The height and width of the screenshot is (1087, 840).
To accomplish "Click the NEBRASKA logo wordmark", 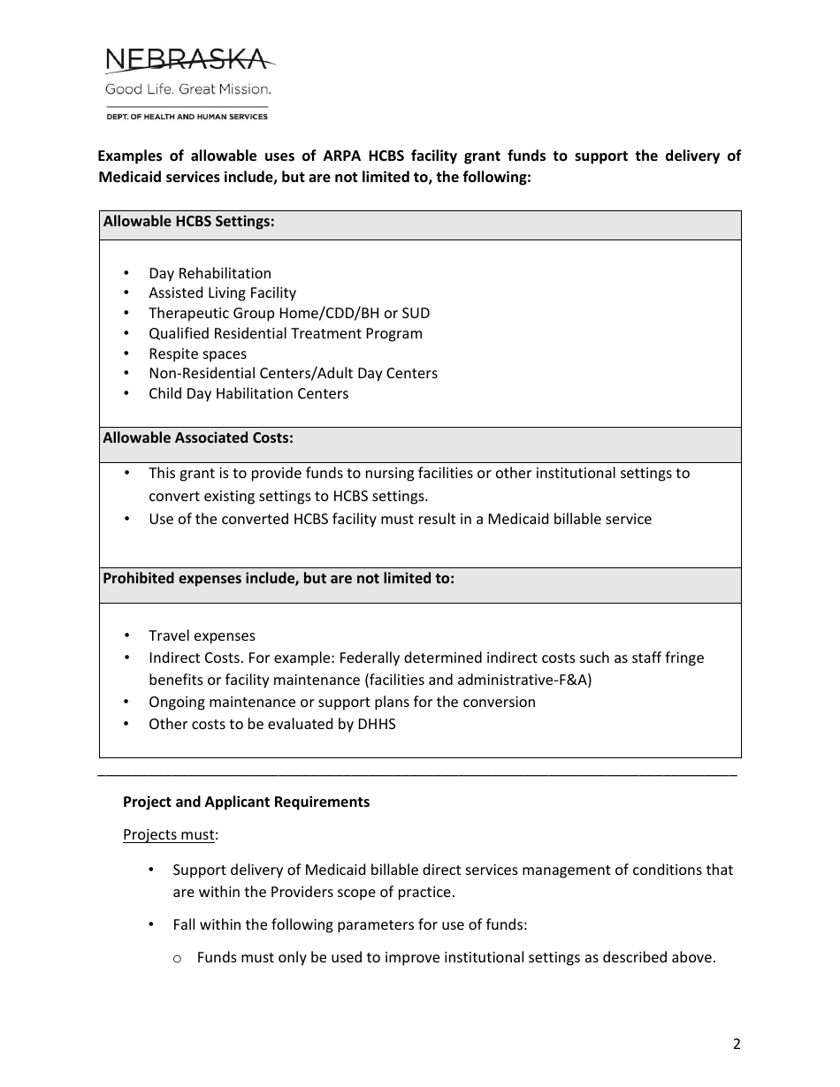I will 187,60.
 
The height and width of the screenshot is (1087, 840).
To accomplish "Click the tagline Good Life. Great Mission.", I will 188,89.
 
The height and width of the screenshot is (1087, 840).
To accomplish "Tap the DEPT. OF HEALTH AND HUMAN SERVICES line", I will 187,117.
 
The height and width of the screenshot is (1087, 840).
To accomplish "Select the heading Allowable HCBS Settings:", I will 189,222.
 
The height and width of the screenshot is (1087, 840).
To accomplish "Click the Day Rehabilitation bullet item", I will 210,273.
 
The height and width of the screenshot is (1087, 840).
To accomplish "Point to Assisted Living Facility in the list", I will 222,293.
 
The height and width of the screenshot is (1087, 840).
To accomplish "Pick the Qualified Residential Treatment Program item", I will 285,333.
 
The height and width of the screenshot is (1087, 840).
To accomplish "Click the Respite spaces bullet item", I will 197,353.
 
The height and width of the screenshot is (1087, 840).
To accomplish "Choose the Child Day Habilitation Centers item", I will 248,393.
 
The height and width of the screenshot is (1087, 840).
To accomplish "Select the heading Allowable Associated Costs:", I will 198,437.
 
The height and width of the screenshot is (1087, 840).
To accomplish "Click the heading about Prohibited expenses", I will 279,579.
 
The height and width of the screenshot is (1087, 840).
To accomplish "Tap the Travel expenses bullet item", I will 202,635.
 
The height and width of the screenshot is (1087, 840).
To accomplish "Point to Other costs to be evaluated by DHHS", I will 271,724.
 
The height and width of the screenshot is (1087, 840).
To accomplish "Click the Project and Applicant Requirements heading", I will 246,802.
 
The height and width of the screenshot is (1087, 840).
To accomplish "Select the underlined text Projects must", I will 169,834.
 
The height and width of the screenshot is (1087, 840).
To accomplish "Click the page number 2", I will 737,1044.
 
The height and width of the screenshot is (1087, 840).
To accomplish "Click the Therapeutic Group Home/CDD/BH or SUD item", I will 289,313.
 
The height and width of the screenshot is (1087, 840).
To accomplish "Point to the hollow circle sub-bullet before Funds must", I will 178,959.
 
